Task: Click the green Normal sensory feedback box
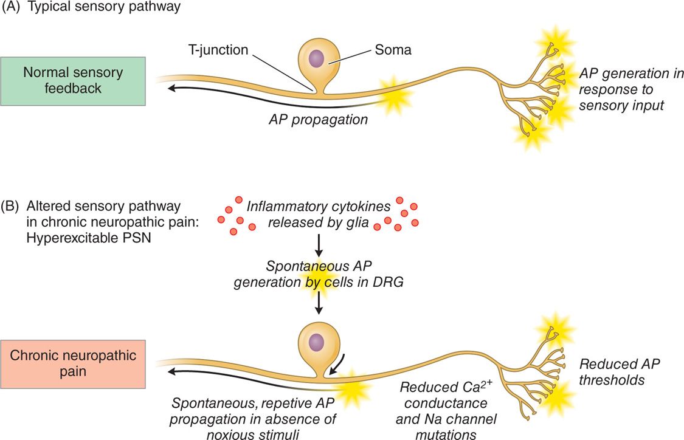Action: click(73, 81)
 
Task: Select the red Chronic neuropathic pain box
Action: click(73, 364)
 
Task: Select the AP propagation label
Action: click(319, 119)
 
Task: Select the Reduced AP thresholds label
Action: click(619, 371)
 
